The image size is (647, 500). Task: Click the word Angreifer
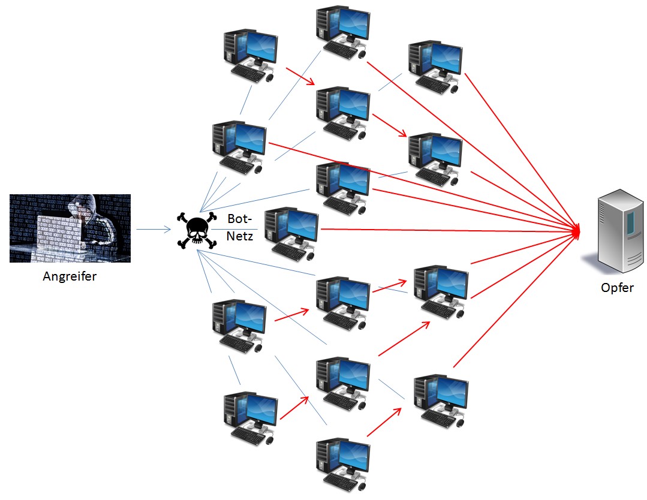(70, 277)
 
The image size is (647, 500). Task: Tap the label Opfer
(617, 288)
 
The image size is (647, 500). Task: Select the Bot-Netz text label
(239, 227)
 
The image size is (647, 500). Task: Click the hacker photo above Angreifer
(70, 228)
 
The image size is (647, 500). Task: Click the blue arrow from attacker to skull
(153, 229)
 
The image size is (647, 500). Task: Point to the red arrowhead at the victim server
(577, 231)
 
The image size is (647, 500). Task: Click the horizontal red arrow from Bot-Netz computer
(444, 230)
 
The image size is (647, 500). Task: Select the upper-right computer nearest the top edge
(434, 66)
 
